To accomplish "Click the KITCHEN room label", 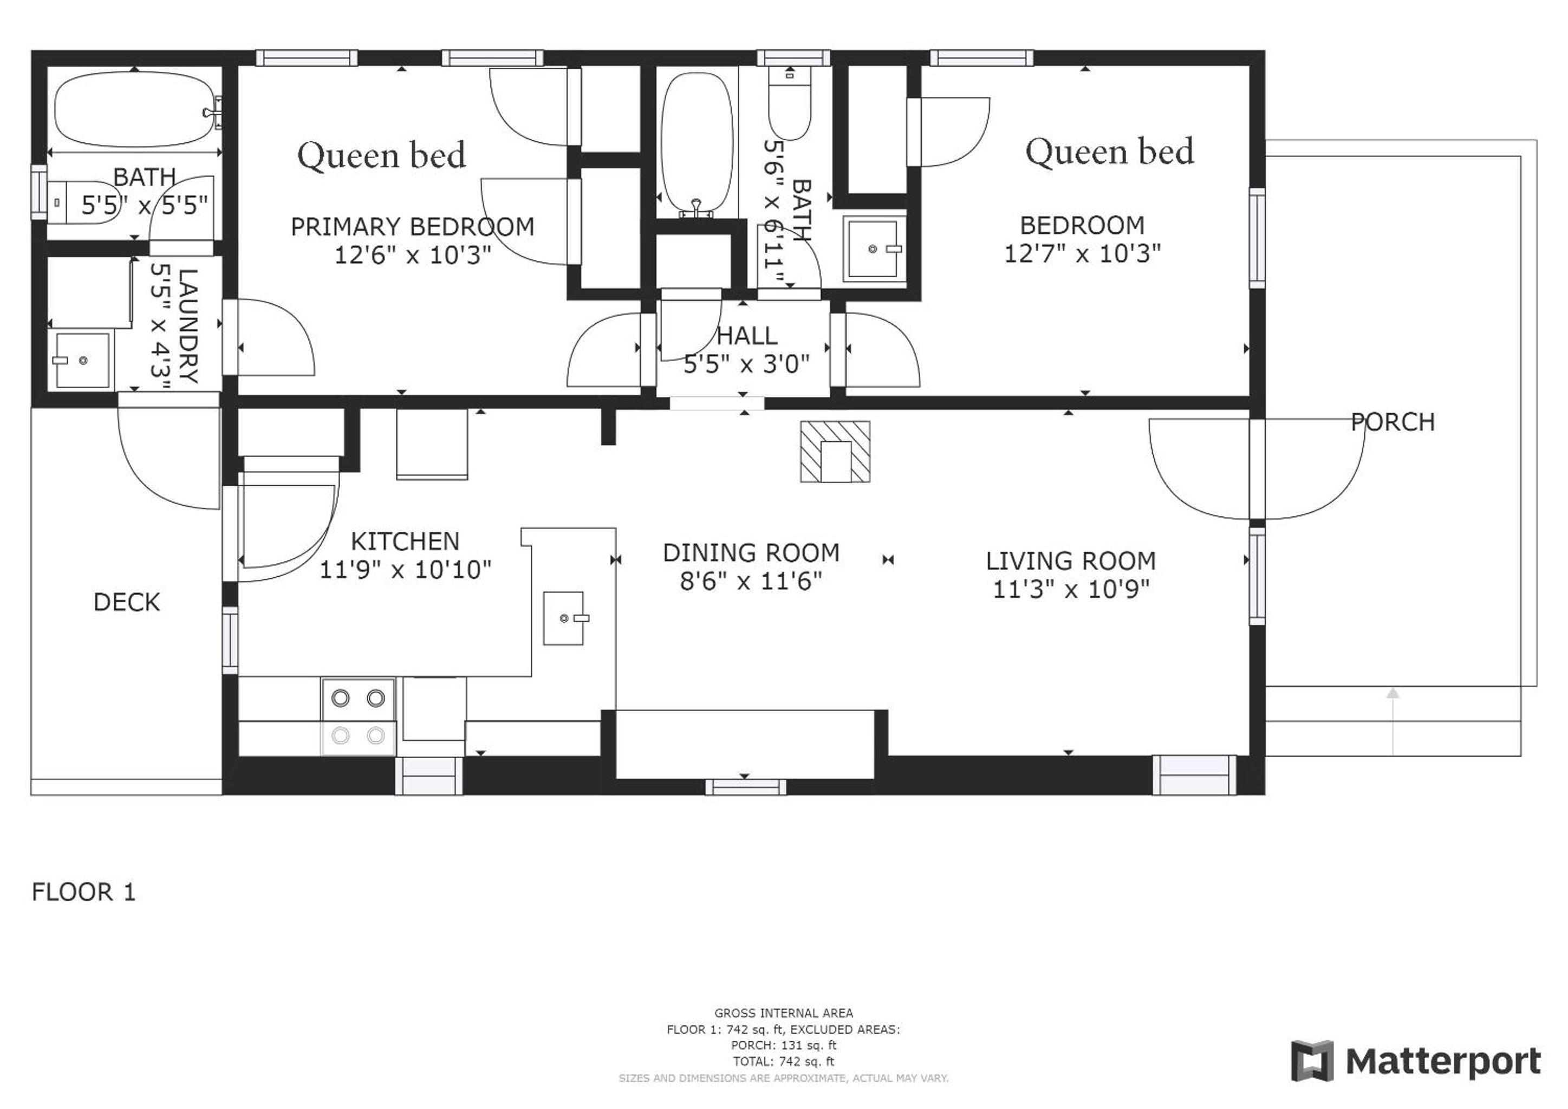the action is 405,542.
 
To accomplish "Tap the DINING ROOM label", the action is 751,552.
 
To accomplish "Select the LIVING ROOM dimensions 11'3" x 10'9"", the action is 1071,589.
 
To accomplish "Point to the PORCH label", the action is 1393,422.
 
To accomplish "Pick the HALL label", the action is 747,335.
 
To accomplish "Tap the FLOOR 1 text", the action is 84,892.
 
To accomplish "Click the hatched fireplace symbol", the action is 835,452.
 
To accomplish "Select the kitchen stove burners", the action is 358,717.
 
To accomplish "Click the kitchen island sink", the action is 564,618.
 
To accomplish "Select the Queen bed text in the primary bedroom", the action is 381,156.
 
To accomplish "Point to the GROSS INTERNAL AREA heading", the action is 783,1013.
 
